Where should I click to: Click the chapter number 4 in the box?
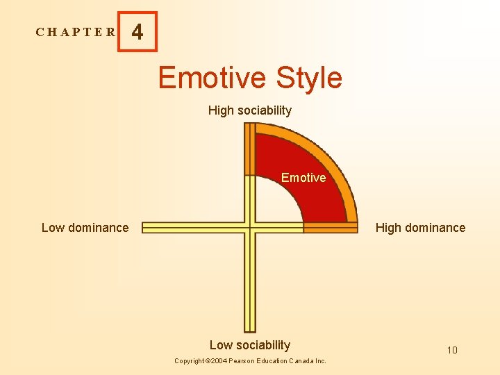point(137,32)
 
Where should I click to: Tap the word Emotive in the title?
point(212,77)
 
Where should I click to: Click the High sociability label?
point(250,110)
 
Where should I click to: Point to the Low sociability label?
point(250,345)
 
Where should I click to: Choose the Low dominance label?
point(85,228)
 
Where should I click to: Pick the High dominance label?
point(420,228)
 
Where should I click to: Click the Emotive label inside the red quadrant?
point(303,178)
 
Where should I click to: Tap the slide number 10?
point(452,350)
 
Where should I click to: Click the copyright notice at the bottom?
point(250,361)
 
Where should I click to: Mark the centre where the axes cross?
point(250,227)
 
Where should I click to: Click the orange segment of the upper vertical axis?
point(250,149)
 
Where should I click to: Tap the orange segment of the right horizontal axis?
point(331,227)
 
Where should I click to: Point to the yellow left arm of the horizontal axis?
point(194,227)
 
